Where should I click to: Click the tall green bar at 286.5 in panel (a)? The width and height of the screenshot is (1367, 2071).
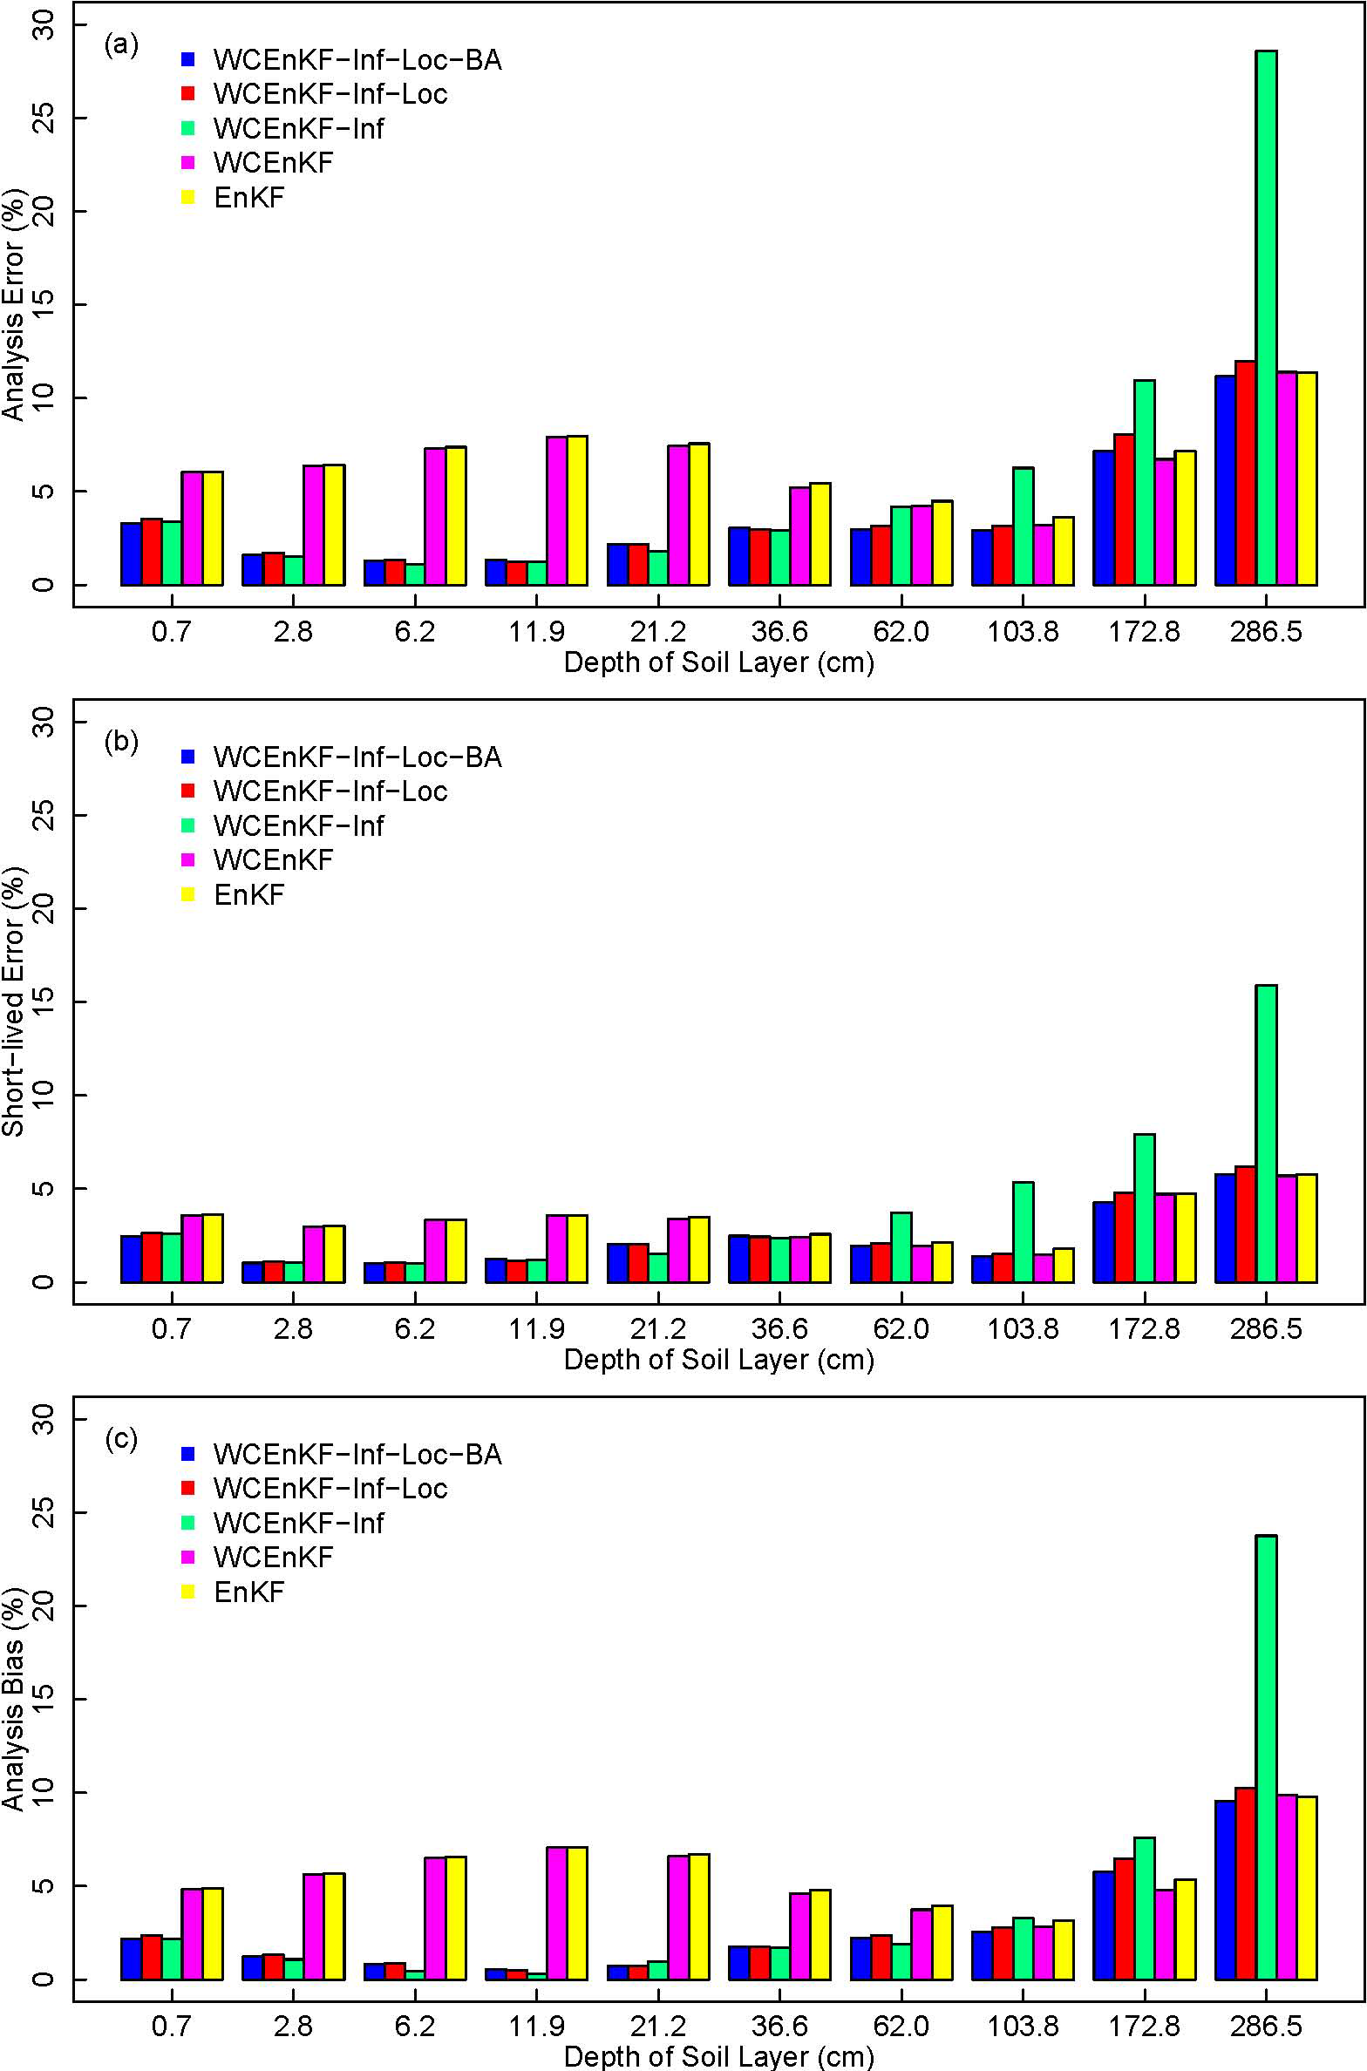tap(1266, 317)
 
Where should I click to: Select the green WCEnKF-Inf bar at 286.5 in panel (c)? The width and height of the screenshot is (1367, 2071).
tap(1266, 1757)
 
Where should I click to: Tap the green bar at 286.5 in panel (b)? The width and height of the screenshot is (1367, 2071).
tap(1266, 1133)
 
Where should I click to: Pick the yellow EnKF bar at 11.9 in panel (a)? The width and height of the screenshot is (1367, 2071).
tap(576, 510)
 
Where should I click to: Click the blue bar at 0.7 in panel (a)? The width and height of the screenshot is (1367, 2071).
tap(131, 553)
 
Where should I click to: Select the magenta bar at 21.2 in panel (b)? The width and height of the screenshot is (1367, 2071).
tap(678, 1250)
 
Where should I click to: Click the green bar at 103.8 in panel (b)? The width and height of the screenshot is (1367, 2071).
tap(1023, 1232)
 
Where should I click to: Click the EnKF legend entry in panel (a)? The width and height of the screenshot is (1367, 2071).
tap(248, 198)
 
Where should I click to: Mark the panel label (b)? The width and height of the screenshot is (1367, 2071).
tap(121, 742)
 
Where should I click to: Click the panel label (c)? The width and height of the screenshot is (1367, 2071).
tap(121, 1439)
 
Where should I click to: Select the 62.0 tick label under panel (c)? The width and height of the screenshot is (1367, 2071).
tap(901, 2026)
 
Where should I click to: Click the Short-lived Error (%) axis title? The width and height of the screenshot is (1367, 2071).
tap(15, 1002)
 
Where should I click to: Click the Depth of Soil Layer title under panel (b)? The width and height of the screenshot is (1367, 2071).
tap(718, 1359)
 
